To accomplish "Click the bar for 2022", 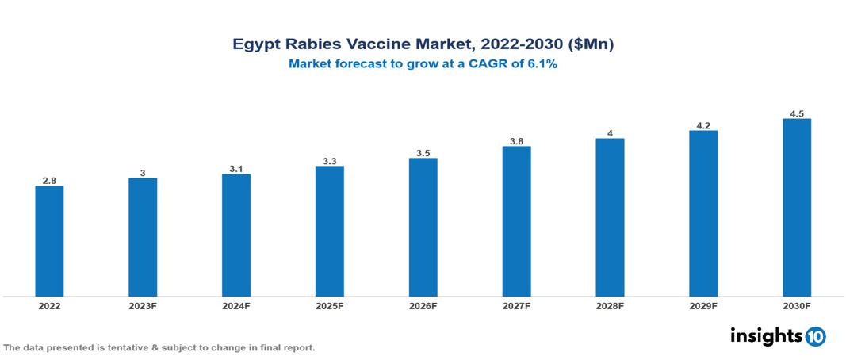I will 49,241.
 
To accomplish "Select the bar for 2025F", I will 329,231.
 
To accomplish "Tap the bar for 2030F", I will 796,208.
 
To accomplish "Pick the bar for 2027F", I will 516,221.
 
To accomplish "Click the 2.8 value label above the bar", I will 49,181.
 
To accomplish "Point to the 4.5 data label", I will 797,113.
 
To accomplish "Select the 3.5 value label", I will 423,153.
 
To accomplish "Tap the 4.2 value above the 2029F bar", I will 703,125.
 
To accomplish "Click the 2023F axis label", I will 143,305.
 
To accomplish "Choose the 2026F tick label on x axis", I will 423,305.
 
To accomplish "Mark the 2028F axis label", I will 610,305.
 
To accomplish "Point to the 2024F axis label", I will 236,305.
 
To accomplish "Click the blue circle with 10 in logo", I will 815,336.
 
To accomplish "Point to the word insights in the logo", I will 766,335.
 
